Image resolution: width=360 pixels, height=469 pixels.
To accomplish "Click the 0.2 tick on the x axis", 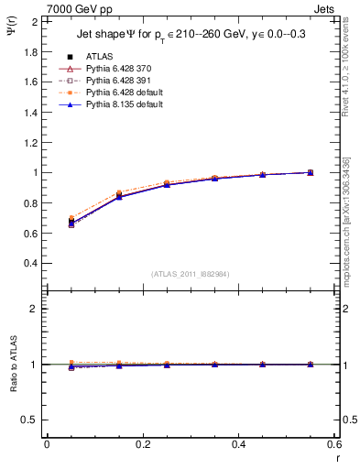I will click(x=142, y=444).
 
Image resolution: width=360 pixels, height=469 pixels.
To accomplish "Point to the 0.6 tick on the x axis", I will click(x=333, y=444).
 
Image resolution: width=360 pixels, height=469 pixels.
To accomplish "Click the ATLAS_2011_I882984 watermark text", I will click(x=191, y=274).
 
